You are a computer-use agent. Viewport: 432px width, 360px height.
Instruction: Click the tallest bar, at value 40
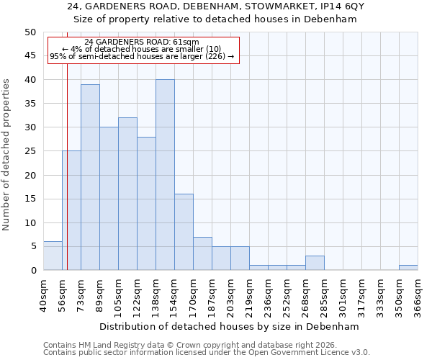165,175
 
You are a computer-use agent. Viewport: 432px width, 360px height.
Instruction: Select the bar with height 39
90,177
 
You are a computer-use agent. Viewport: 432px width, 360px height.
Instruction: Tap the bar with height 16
184,232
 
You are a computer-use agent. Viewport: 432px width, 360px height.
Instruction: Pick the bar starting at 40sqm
53,256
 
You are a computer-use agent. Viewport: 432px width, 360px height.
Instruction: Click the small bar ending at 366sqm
408,268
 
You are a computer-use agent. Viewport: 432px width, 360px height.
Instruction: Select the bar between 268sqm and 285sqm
315,263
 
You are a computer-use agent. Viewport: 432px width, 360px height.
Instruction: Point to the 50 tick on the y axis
30,32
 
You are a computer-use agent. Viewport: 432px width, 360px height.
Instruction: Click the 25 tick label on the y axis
30,151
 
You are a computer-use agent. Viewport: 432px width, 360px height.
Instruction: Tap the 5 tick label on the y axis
33,246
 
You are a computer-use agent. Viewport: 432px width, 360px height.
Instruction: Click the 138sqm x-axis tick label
156,294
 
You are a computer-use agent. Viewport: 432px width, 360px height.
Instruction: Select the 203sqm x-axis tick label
230,294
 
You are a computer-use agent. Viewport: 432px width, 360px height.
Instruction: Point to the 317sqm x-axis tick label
361,294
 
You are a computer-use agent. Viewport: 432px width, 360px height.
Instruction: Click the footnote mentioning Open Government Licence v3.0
207,352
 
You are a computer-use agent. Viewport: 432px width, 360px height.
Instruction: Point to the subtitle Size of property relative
216,19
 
